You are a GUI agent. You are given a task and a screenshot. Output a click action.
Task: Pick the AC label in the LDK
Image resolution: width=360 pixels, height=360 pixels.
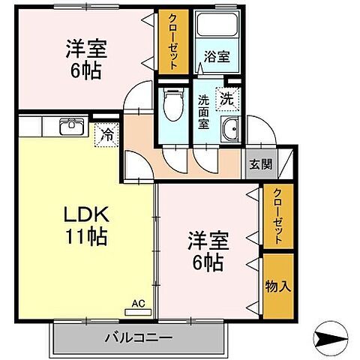pos(137,303)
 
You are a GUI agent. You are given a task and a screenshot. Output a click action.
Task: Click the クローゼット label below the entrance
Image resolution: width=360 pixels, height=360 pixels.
pos(277,215)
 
